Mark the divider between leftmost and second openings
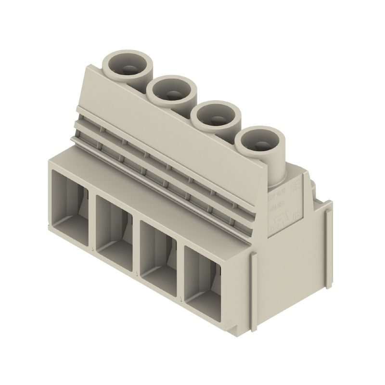[x=93, y=221]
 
